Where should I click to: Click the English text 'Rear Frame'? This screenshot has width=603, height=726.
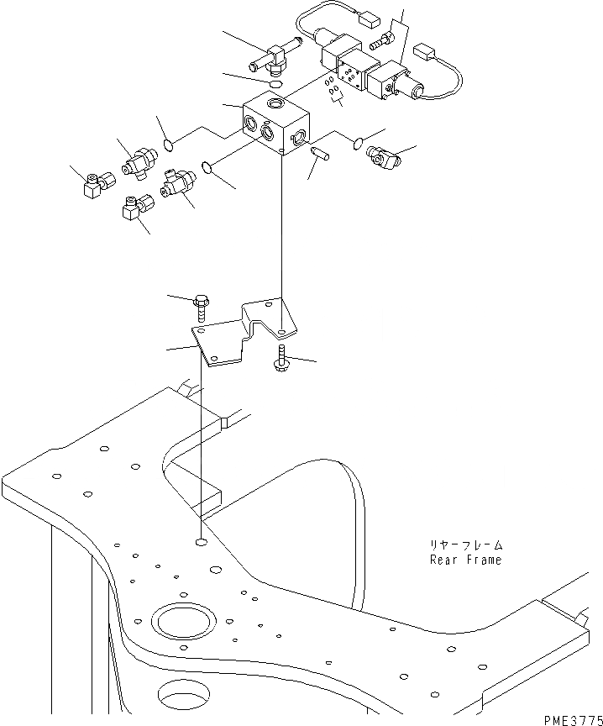(x=464, y=560)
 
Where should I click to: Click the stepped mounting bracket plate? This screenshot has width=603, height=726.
(x=244, y=334)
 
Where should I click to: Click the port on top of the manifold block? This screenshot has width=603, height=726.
(x=277, y=104)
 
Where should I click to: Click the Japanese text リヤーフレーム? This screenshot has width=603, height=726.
(x=465, y=545)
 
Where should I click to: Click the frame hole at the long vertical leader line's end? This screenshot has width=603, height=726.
(x=201, y=542)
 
